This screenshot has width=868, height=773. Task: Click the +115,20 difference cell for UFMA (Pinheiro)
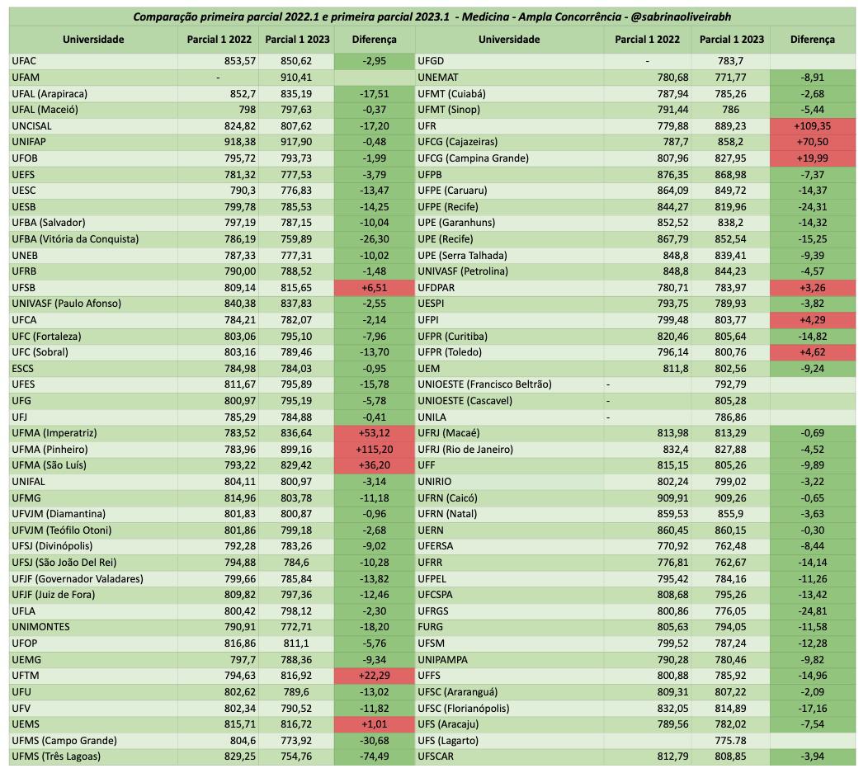click(374, 450)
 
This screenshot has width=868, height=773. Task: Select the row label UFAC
click(25, 61)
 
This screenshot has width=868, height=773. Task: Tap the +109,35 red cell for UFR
click(813, 125)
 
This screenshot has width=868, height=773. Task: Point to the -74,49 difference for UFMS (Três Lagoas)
click(374, 757)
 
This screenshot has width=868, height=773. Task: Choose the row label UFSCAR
click(437, 757)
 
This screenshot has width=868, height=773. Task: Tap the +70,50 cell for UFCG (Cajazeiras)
click(813, 142)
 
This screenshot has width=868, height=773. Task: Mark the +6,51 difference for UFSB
click(374, 288)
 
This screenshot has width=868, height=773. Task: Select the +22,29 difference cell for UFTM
click(374, 676)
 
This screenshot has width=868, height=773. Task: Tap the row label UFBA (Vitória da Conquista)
click(75, 239)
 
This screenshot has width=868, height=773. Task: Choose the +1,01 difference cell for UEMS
click(374, 724)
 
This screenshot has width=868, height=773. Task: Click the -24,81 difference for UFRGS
click(813, 611)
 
